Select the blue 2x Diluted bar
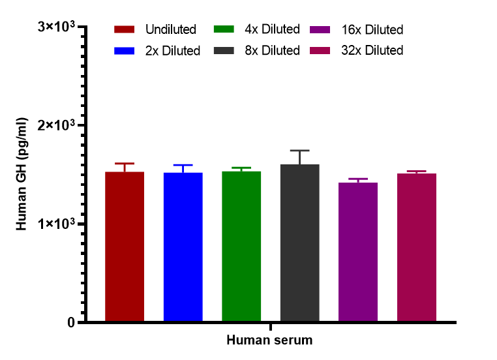coord(183,247)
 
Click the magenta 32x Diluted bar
coord(417,248)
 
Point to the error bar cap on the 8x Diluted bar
coord(300,151)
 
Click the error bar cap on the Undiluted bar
coord(124,164)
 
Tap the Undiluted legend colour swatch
coord(125,29)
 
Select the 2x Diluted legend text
coord(173,51)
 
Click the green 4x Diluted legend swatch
coord(224,29)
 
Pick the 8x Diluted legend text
coord(273,51)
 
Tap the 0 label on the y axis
coord(70,323)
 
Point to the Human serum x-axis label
coord(269,340)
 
